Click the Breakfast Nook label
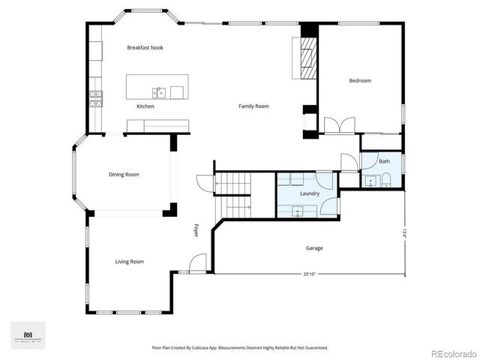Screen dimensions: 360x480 coord(145,47)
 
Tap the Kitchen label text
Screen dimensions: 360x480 coord(145,106)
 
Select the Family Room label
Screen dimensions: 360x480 coord(253,106)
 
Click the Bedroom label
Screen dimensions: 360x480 coord(359,80)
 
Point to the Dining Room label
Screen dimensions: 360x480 coord(124,175)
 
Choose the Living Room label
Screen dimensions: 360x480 coord(129,262)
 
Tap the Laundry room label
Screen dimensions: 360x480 coord(310,193)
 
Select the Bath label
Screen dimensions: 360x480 coord(384,161)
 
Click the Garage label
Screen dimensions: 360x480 coord(314,247)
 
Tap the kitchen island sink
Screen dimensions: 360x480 coord(159,92)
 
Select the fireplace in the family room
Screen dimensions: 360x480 coord(307,57)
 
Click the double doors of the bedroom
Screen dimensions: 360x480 coord(339,125)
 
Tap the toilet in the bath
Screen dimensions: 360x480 coord(385,180)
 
